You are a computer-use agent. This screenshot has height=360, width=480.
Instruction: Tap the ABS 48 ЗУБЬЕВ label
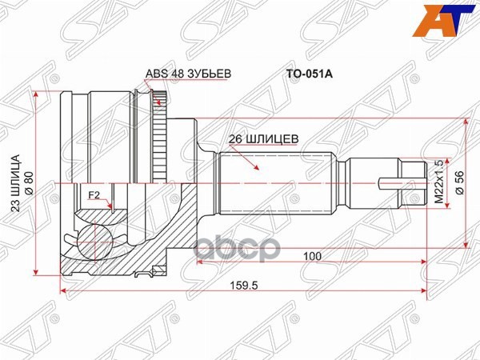(x=188, y=74)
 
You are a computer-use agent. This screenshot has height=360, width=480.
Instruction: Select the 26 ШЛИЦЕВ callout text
(x=263, y=137)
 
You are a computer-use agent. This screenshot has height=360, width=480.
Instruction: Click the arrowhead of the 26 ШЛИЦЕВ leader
(x=258, y=170)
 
